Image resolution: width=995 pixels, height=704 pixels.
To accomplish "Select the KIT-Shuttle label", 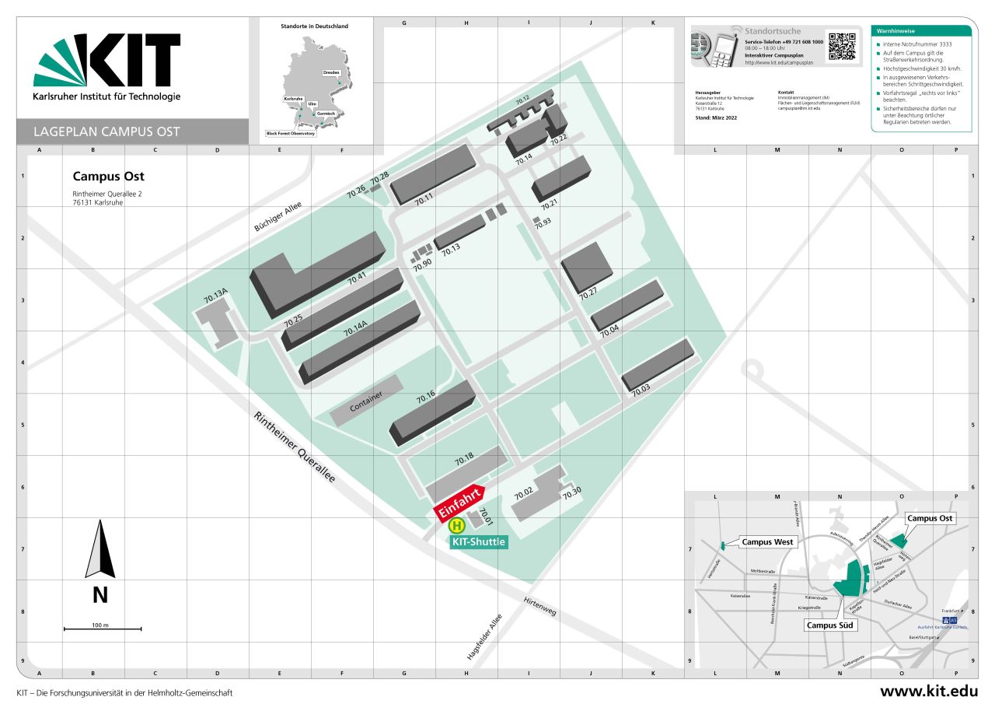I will coord(479,541).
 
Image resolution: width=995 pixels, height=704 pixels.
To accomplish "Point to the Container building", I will coord(367,401).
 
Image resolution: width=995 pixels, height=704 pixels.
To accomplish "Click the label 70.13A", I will coord(215,296).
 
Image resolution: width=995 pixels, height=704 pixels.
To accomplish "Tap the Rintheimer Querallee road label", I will coord(295,447).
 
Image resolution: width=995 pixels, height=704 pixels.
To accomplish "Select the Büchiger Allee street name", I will coord(278,217).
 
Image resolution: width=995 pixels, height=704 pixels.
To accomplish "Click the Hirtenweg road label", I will coord(540,607).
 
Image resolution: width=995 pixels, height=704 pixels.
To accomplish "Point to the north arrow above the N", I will coord(100,550).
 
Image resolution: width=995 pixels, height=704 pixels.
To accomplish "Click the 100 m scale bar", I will coord(103,629).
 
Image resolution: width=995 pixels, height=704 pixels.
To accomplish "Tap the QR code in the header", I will coord(841,47).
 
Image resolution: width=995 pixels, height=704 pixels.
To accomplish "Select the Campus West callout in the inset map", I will coord(767,542).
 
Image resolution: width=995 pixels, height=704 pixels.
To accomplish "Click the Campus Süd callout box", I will coord(832,625).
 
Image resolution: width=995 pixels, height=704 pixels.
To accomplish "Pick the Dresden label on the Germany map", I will coord(331,72).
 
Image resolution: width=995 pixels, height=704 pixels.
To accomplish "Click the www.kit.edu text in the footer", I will coord(928,691).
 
